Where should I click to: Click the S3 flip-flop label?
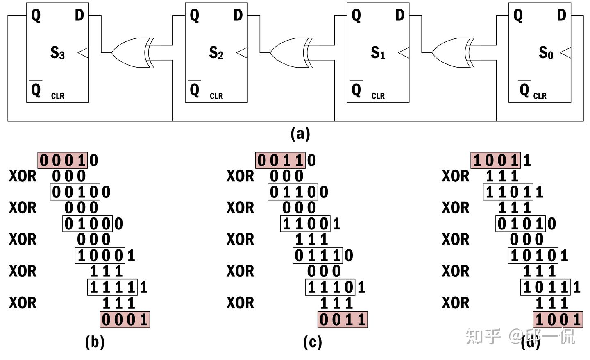[57, 53]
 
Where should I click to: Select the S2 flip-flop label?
[216, 53]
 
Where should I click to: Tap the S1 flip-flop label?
[378, 53]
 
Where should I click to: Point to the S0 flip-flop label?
[545, 53]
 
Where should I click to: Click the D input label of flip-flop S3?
[79, 16]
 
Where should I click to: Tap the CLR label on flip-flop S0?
[540, 96]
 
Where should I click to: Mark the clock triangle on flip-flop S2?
[242, 53]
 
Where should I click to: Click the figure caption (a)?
[300, 134]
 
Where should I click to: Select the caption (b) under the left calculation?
[95, 342]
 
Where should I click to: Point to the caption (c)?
[312, 342]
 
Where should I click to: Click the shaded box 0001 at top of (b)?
[63, 160]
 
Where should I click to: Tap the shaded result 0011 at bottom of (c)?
[343, 319]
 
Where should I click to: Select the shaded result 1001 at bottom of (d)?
[558, 319]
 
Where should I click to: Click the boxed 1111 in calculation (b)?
[112, 287]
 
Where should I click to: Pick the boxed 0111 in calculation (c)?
[318, 256]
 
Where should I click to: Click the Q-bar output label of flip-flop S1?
[356, 89]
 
